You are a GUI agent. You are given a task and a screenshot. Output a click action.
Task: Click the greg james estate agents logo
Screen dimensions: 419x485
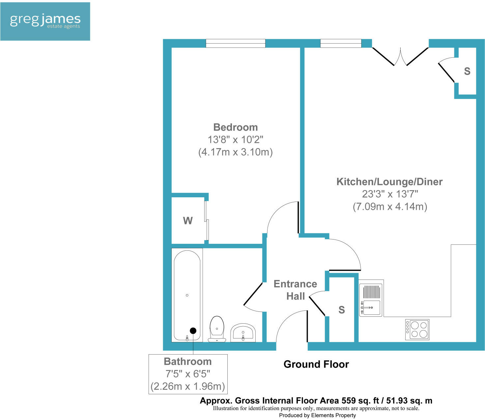pos(45,21)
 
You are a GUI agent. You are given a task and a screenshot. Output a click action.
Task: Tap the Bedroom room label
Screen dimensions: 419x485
pos(235,127)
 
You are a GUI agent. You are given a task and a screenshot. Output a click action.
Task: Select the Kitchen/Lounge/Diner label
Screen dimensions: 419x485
pos(389,182)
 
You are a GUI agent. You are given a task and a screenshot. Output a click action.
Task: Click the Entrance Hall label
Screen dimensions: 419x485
pos(295,290)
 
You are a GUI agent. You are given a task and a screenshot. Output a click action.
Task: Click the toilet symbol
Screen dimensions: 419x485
pos(217,329)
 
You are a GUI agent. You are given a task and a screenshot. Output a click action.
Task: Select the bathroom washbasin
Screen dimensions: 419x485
pos(243,333)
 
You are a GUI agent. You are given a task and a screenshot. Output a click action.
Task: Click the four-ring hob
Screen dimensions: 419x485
pos(417,329)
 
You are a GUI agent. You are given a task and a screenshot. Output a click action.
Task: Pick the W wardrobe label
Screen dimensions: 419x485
pos(188,221)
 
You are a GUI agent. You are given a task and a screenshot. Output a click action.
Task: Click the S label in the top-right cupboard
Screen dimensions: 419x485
pos(467,71)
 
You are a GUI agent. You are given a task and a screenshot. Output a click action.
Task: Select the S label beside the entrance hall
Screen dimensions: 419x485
pos(342,310)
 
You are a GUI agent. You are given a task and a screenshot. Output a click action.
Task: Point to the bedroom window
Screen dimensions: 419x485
pos(235,43)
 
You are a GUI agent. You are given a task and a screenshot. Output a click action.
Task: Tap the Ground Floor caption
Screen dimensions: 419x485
pos(316,364)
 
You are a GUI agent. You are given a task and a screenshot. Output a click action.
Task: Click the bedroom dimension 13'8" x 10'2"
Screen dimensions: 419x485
pos(235,140)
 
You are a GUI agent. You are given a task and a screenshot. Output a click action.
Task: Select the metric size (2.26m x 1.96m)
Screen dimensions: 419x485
pos(187,386)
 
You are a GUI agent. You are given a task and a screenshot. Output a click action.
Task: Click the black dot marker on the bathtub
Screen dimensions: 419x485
pos(193,331)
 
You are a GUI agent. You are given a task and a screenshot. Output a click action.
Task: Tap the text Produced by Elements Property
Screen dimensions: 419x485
pos(317,415)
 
